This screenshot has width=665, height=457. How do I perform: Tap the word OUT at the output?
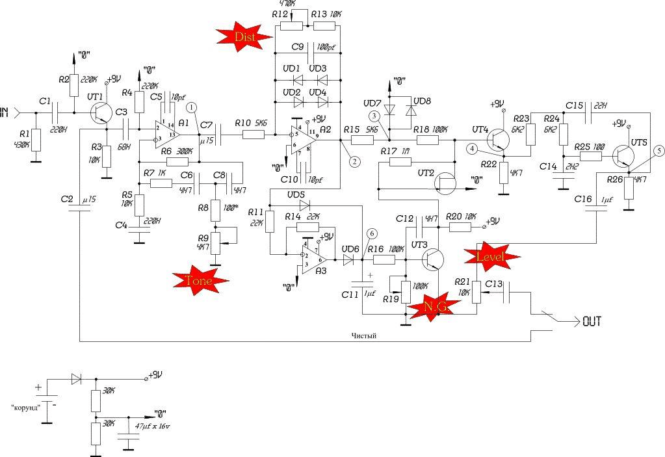pos(592,321)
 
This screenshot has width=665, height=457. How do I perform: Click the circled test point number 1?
pos(191,106)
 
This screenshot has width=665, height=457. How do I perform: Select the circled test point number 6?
pos(371,233)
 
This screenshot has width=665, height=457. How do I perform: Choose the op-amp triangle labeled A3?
pos(315,259)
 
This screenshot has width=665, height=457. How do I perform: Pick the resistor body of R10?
pos(254,135)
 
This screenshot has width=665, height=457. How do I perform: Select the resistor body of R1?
pos(36,140)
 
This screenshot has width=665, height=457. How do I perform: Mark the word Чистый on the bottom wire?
pos(364,335)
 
